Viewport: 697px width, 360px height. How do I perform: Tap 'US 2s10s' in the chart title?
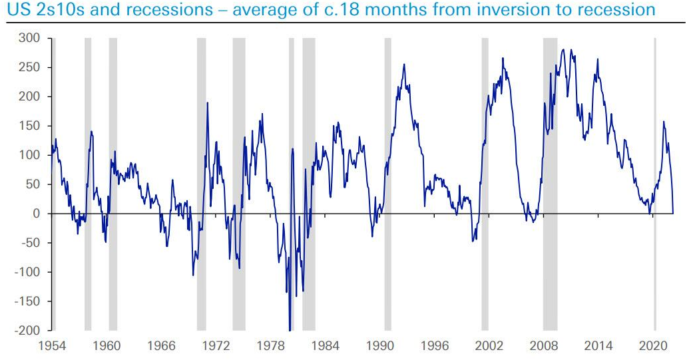click(x=37, y=11)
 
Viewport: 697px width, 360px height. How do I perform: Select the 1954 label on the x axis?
click(x=53, y=346)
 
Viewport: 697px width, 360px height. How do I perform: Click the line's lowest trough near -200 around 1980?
click(x=290, y=329)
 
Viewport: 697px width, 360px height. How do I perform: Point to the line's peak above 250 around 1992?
click(x=404, y=64)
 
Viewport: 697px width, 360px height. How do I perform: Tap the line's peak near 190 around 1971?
click(x=207, y=103)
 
